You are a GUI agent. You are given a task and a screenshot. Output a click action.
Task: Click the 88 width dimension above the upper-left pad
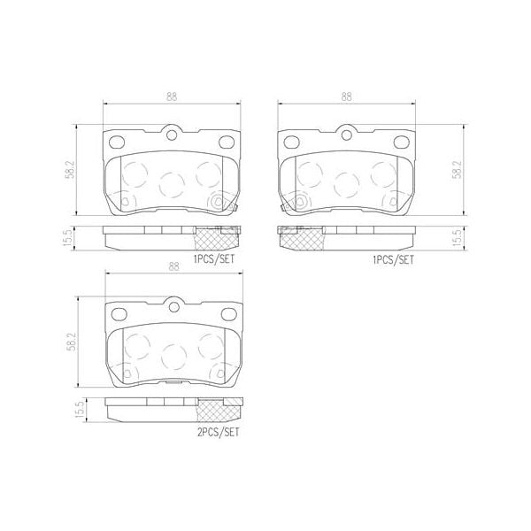click(x=173, y=97)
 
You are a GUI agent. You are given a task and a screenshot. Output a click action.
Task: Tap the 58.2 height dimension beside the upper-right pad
click(x=456, y=170)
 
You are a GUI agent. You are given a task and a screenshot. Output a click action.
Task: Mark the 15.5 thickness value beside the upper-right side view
click(x=456, y=238)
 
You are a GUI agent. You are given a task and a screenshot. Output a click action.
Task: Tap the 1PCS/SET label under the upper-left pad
click(x=215, y=260)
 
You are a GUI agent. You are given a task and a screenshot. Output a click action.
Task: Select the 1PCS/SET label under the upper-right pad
click(x=393, y=260)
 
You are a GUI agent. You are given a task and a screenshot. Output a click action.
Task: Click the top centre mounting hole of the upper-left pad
click(x=173, y=135)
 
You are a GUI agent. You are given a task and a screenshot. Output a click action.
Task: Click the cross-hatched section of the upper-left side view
click(x=216, y=236)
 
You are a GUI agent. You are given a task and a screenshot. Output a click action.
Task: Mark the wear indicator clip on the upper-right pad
click(x=280, y=210)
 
